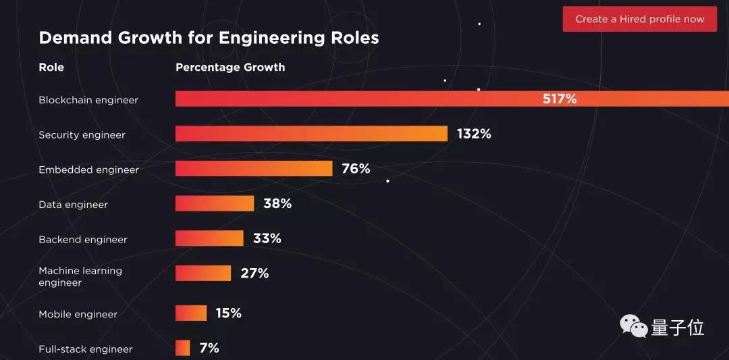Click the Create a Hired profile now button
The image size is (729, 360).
[x=639, y=19]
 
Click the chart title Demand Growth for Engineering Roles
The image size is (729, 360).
[x=209, y=38]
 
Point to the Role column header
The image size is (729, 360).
[x=51, y=68]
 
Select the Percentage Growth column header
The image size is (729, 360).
[x=230, y=68]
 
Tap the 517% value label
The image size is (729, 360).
[x=560, y=99]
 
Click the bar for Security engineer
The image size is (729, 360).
[x=311, y=134]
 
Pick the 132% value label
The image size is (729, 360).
[x=474, y=134]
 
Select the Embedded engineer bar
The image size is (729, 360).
[x=254, y=168]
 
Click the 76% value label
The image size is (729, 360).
[x=356, y=168]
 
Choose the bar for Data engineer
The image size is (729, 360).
[x=215, y=203]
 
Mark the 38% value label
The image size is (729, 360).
[x=277, y=203]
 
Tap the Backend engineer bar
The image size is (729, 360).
[x=209, y=238]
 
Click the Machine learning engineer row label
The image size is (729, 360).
[x=80, y=276]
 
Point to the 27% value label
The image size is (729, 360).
[x=254, y=274]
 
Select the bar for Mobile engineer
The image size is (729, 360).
[x=191, y=313]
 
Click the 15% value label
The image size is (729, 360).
[x=228, y=313]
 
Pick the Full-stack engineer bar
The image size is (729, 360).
[x=183, y=348]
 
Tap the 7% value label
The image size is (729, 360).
[x=209, y=348]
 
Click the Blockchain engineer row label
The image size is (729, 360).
[x=88, y=100]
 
